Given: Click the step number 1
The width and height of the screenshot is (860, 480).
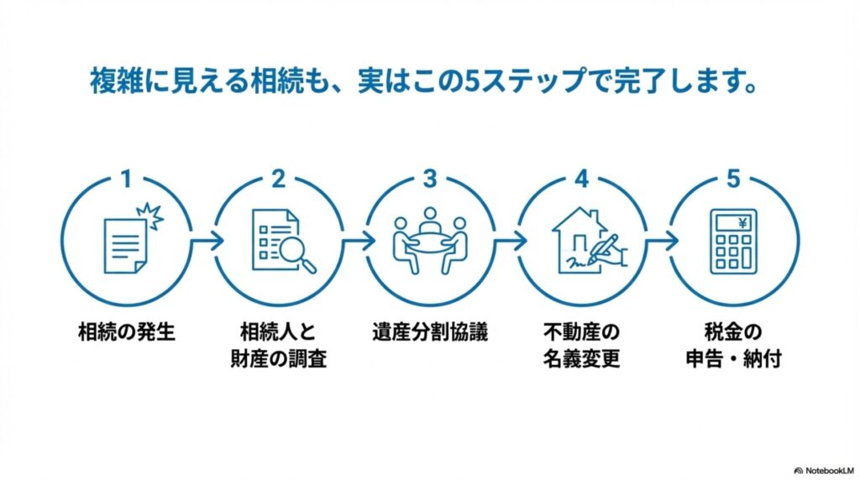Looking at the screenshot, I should click(x=127, y=179).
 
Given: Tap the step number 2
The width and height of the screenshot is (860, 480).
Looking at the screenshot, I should click(x=278, y=179).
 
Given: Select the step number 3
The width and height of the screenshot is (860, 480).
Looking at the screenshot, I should click(x=430, y=179).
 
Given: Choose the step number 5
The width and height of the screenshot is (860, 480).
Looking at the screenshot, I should click(x=733, y=179).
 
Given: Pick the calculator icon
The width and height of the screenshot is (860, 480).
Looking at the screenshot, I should click(x=733, y=241).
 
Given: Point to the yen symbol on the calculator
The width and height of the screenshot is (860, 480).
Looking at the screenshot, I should click(x=743, y=222).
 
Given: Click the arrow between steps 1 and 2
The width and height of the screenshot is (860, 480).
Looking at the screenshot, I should click(x=205, y=240).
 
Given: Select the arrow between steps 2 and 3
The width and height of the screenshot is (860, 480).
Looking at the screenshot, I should click(x=357, y=240).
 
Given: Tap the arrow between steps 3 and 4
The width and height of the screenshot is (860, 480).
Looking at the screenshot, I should click(x=508, y=240).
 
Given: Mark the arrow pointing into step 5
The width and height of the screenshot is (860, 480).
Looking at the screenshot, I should click(x=660, y=240).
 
